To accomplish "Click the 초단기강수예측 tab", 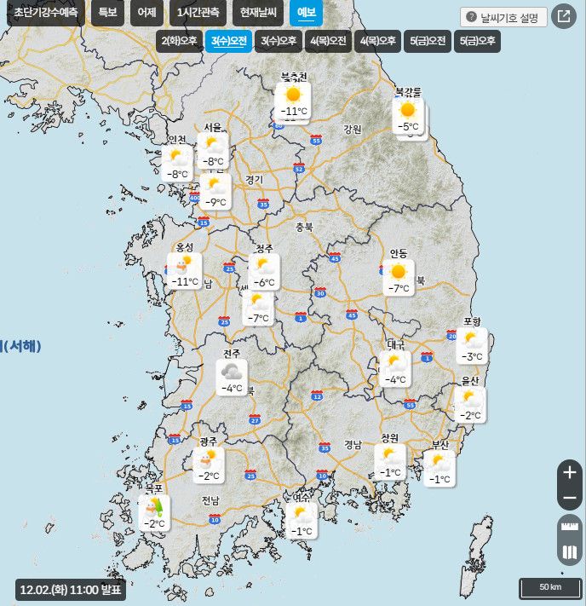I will point(44,13).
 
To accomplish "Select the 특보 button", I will point(107,13).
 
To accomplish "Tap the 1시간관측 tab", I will point(198,13).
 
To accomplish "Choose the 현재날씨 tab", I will point(258,13).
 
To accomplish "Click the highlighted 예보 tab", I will point(306,13).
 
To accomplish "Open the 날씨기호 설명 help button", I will point(503,17).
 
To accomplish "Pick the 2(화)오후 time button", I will point(179,41).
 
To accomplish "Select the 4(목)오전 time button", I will point(328,41).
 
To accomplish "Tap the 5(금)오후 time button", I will point(477,41).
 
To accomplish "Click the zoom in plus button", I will point(570,472).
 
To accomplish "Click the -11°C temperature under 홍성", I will point(185,281).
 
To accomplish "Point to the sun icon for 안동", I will point(398,272).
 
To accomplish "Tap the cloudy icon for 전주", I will point(232,371).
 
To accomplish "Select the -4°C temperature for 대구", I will point(395,380).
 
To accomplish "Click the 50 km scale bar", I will point(550,588).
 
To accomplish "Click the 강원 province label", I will point(353,130).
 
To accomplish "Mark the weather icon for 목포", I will point(154,507).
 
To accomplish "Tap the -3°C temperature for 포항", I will point(473,357).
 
